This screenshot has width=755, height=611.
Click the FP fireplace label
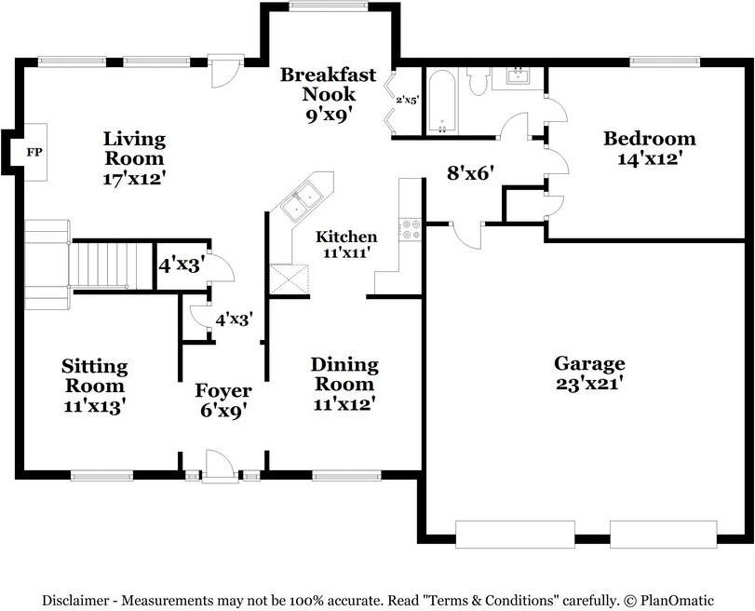(x=34, y=153)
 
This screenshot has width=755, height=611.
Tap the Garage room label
(x=589, y=363)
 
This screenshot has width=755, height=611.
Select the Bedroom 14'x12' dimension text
(x=649, y=158)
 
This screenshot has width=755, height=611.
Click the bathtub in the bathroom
(x=441, y=102)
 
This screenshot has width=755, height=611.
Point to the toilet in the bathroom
(x=479, y=81)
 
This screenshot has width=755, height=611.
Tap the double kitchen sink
(x=302, y=202)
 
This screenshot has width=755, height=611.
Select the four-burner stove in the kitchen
(x=411, y=229)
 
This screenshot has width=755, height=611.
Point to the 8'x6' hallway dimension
(x=471, y=172)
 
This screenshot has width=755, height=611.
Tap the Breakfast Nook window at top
(x=329, y=6)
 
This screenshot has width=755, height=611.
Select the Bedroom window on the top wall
(x=665, y=61)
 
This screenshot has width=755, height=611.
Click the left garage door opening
(x=515, y=535)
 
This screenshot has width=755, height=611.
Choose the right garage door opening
(x=664, y=535)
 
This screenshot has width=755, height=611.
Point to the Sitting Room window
(x=101, y=476)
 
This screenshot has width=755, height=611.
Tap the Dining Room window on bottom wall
(x=346, y=476)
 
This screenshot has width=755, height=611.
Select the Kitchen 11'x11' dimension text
(x=346, y=252)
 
